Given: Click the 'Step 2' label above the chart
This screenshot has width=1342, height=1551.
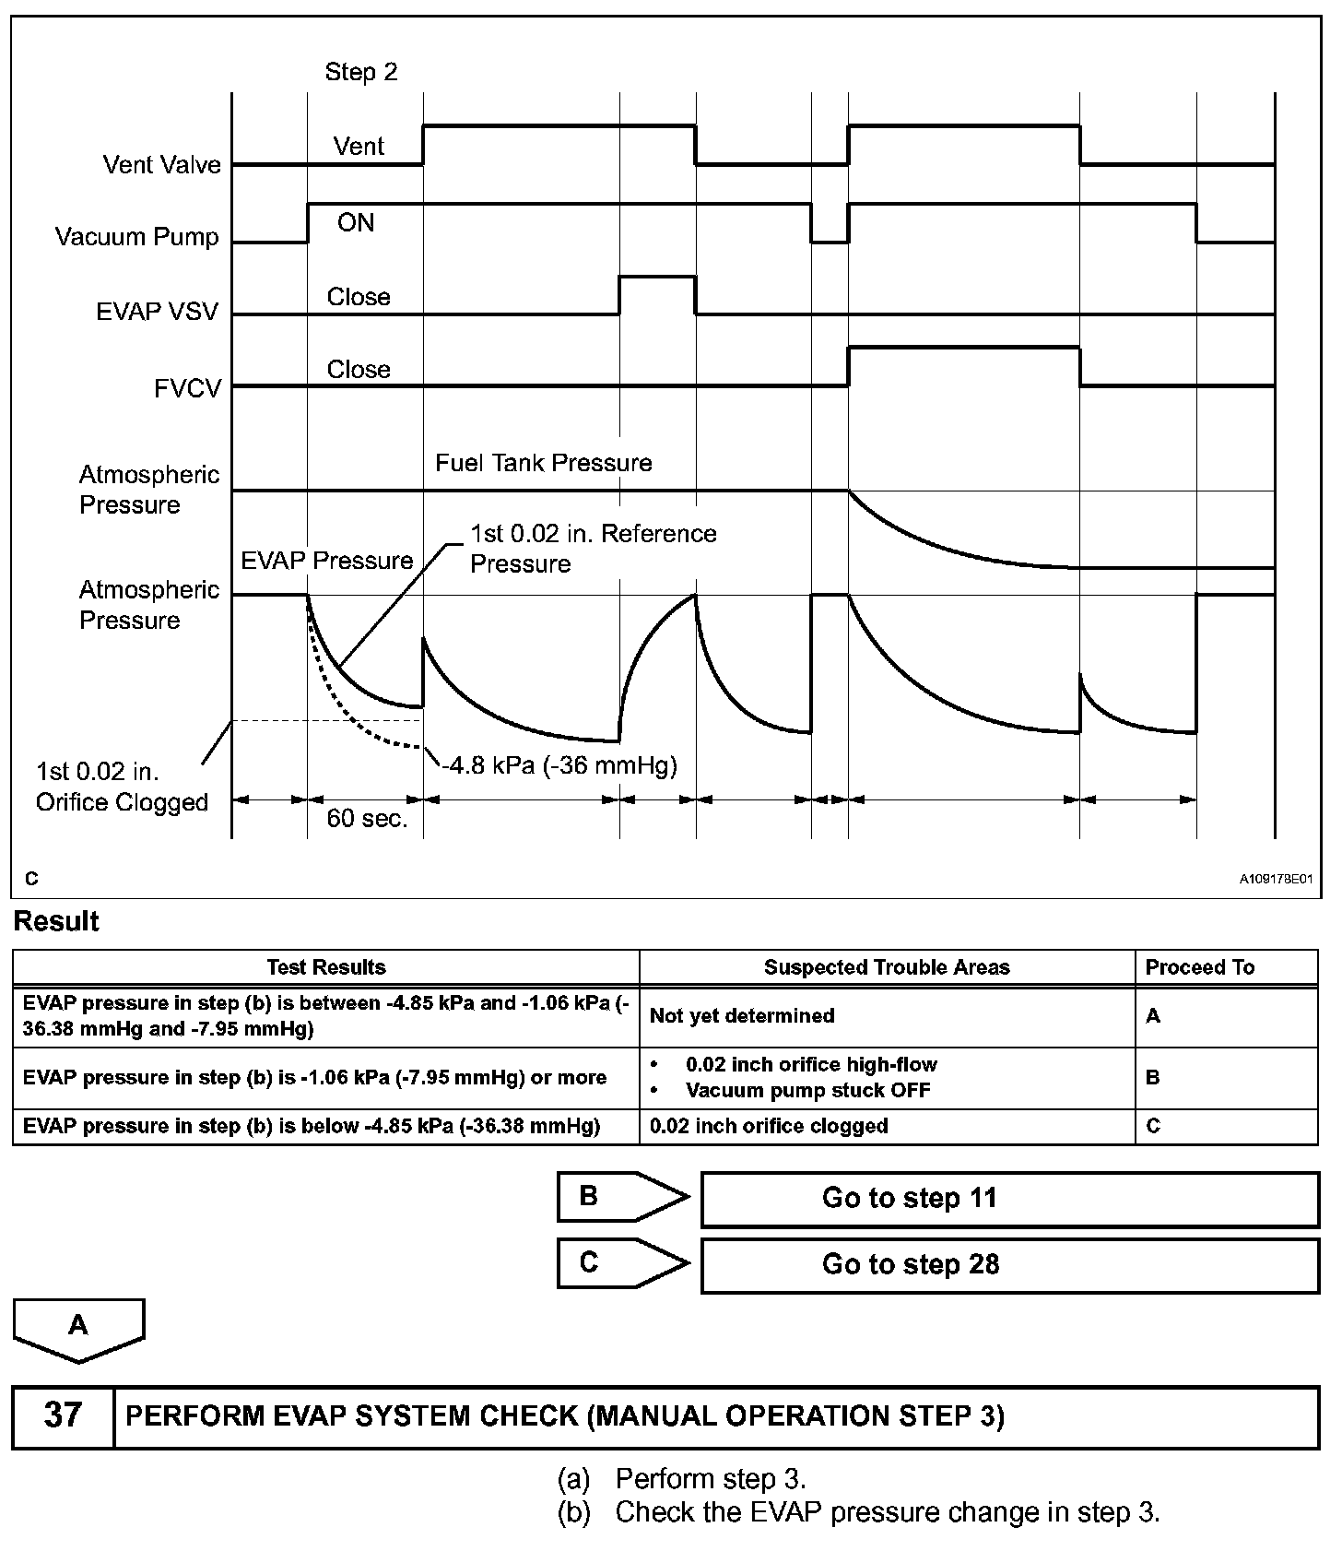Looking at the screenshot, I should point(360,72).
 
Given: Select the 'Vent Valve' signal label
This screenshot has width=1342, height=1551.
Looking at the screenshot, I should point(161,165).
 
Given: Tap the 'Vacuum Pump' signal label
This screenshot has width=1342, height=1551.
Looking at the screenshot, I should point(136,237).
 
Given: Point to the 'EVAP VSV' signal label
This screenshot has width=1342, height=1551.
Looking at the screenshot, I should point(157,312).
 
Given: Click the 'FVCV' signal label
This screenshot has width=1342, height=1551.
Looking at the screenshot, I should point(187,388).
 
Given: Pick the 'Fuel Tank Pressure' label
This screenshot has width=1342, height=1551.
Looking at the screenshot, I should point(543,463).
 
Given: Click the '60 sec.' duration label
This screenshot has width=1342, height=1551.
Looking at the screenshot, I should point(367,819).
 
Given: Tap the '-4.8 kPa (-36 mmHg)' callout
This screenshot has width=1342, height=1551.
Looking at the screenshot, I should point(559,765).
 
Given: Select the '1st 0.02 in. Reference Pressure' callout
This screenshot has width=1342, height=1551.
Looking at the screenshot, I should point(593,549).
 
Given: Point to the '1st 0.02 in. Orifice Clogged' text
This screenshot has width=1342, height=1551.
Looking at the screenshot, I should point(122,787).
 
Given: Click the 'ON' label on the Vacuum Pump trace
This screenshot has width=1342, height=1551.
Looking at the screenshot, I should point(356,223).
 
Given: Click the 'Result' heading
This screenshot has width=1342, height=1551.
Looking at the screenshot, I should point(56,921).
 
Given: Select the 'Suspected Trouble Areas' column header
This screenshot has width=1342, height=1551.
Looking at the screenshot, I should point(887,967).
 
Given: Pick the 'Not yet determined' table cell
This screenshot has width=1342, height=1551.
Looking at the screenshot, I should point(742,1016).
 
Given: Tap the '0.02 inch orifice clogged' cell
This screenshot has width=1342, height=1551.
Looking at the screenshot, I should point(769,1126).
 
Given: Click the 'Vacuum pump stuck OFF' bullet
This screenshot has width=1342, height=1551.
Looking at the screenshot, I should point(807,1091).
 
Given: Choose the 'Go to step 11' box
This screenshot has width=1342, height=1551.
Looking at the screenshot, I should point(1009,1199).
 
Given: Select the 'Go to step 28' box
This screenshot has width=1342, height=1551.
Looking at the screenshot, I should point(1009,1264).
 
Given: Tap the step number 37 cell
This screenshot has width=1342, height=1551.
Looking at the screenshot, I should point(63,1415).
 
